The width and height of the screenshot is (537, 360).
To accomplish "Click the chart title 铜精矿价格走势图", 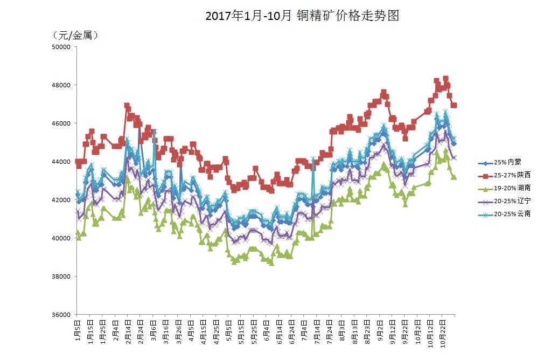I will click(302, 16).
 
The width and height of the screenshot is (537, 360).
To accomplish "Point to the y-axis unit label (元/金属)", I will click(75, 36).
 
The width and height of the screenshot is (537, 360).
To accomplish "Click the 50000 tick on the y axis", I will click(64, 47).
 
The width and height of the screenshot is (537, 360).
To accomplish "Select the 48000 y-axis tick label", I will click(64, 85).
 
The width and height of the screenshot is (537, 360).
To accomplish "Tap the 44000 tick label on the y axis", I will click(64, 162).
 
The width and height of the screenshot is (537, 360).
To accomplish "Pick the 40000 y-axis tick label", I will click(64, 238).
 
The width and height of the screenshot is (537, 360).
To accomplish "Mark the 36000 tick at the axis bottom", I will click(64, 315).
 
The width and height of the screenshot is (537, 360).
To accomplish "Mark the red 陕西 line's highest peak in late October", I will click(445, 79).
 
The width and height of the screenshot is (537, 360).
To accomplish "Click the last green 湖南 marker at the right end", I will click(454, 177).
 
